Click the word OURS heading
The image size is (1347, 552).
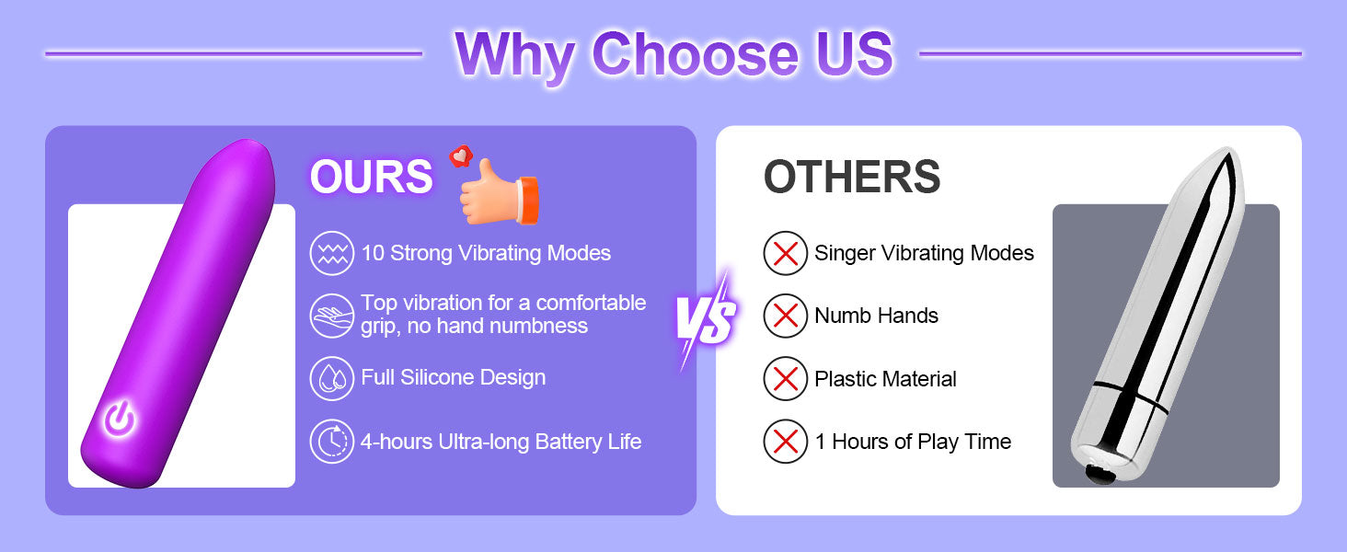[371, 177]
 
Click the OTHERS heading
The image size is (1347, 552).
[851, 177]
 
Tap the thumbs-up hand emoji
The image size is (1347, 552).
[499, 191]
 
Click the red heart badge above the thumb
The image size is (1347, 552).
[461, 156]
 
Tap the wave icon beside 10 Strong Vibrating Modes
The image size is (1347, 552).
[331, 253]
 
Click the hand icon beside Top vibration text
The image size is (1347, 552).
[331, 316]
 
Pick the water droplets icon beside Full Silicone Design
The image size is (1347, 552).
[331, 379]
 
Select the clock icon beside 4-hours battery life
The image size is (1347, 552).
[331, 442]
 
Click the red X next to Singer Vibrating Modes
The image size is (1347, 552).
[786, 253]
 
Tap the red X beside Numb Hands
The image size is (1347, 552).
[786, 316]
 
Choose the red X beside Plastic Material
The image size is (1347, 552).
[786, 379]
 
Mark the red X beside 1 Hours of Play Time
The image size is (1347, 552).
[786, 442]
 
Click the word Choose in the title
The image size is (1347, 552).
[696, 54]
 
